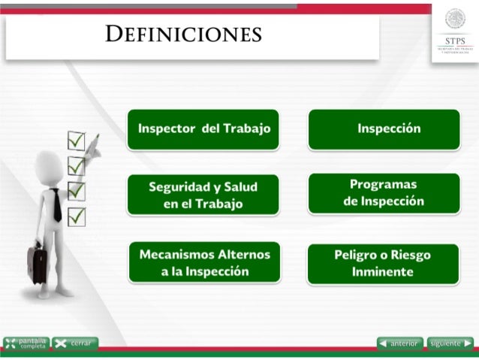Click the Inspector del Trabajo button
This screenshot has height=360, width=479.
pyautogui.click(x=203, y=129)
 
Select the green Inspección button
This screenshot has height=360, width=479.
pyautogui.click(x=384, y=129)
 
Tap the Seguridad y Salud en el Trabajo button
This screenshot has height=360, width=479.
pyautogui.click(x=203, y=195)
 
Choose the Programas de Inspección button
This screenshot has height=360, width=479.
pyautogui.click(x=384, y=192)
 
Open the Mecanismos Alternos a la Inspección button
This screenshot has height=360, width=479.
pyautogui.click(x=204, y=262)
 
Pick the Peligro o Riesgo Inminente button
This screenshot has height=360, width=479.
pyautogui.click(x=383, y=263)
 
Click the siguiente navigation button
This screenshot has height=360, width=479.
pyautogui.click(x=450, y=343)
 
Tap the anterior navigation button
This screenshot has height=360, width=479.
pyautogui.click(x=399, y=343)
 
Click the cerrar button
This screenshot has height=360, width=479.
pyautogui.click(x=74, y=343)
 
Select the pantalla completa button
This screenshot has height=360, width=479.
pyautogui.click(x=26, y=343)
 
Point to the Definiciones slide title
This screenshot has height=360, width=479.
pyautogui.click(x=183, y=35)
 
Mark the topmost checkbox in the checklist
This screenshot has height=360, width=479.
pyautogui.click(x=76, y=140)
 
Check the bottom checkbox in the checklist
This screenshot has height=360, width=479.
pyautogui.click(x=76, y=216)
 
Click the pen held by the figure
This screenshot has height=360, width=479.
pyautogui.click(x=92, y=147)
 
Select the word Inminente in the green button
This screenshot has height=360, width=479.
pyautogui.click(x=383, y=271)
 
